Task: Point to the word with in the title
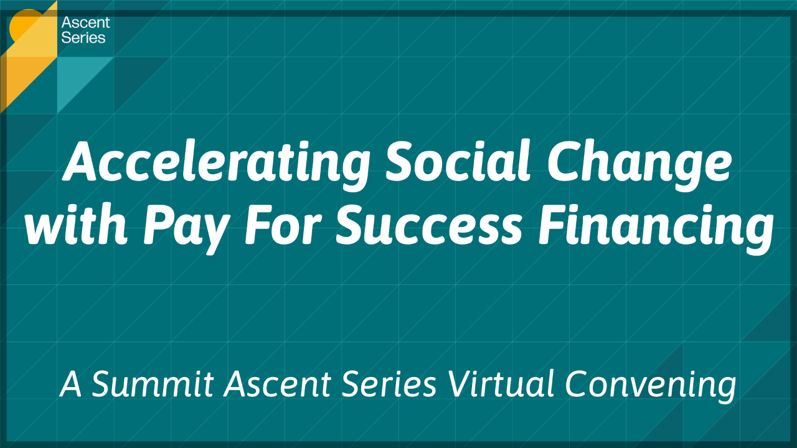[x=75, y=225]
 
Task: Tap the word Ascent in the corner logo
[x=85, y=23]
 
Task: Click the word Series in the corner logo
[x=83, y=37]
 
